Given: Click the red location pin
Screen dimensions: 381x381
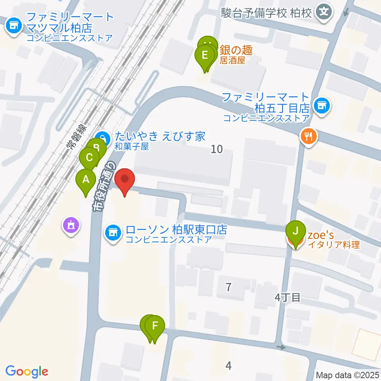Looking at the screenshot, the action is [x=125, y=180].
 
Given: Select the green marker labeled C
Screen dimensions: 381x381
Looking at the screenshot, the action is [x=89, y=158].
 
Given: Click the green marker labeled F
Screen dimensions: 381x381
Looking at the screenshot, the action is [x=155, y=327].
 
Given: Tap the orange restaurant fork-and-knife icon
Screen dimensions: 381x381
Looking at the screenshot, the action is [x=308, y=137].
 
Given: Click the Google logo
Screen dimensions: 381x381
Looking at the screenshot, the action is [x=27, y=371].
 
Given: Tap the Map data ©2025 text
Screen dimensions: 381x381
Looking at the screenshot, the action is [x=348, y=374].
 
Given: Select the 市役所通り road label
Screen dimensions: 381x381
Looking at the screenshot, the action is [x=104, y=186].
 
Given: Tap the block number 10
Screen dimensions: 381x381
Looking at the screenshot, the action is [x=217, y=149].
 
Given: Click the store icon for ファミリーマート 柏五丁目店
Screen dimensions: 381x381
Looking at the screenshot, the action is [x=321, y=106].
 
